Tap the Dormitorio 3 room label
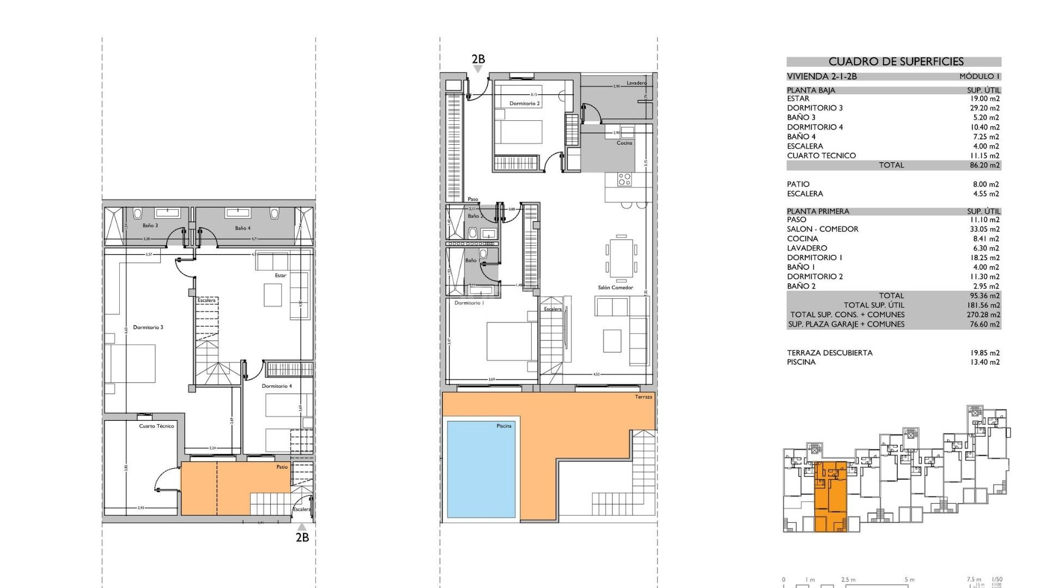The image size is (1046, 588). coord(148,327)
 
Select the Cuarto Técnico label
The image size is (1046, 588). coord(156,426)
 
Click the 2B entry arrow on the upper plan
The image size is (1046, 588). coord(478,69)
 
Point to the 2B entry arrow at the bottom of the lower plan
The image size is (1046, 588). coord(302,527)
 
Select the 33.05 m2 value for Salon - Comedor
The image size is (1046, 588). coord(984,229)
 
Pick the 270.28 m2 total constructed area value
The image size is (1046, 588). coord(983,315)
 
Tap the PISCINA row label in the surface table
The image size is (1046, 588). coord(801,362)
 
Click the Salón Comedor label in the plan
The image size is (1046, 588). coord(615,287)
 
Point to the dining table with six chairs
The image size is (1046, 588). coord(621,257)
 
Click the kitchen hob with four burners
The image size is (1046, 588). coord(624,179)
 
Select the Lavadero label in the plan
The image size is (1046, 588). coord(636,83)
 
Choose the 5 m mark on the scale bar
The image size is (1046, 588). coord(909,580)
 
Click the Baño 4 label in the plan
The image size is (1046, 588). coord(242,228)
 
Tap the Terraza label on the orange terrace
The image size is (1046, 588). coord(643,397)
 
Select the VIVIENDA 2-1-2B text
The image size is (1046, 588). coord(822,76)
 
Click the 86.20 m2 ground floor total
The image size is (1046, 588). coord(984,165)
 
